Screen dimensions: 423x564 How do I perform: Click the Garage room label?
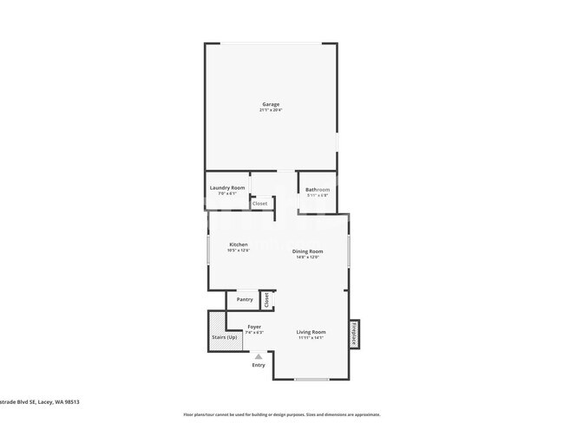click(271, 104)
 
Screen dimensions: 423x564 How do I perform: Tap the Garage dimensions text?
click(271, 110)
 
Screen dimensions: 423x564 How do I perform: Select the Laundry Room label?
click(227, 187)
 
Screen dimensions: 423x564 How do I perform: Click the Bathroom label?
click(317, 189)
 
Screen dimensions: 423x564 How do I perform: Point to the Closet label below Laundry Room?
click(260, 204)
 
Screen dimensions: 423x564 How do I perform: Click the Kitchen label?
click(239, 244)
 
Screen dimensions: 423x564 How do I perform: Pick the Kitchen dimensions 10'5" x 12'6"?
click(239, 251)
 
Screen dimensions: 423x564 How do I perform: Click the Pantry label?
click(245, 300)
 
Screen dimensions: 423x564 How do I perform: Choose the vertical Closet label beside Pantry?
click(266, 300)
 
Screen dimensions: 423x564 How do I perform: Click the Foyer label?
click(254, 327)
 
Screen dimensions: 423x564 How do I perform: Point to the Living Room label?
click(311, 332)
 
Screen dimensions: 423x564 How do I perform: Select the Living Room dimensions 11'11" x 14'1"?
click(311, 338)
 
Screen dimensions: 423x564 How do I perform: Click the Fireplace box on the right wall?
click(354, 333)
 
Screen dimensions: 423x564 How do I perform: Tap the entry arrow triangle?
click(258, 355)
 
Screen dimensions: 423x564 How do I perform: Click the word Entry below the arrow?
click(259, 365)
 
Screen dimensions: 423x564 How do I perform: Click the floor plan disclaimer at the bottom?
click(281, 414)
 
